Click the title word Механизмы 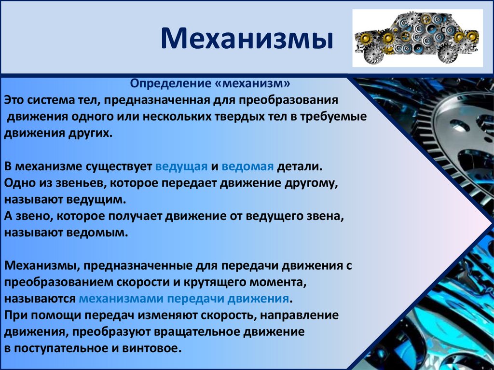click(x=247, y=39)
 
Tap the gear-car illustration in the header click(x=417, y=38)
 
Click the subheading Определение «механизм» click(x=210, y=83)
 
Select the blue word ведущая click(x=181, y=166)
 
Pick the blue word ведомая click(x=247, y=166)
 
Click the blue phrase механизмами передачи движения click(x=184, y=298)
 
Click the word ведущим click(x=96, y=200)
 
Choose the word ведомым click(x=97, y=233)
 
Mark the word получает click(x=136, y=216)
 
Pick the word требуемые click(x=333, y=117)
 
